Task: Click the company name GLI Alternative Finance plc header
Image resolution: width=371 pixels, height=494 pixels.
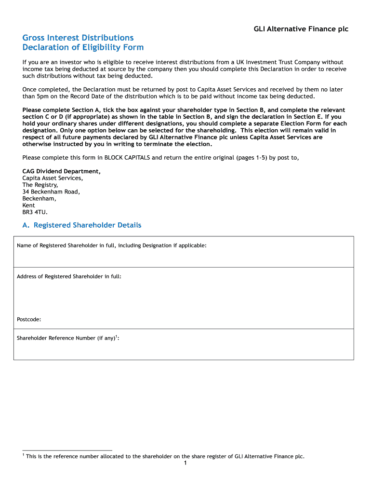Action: click(301, 29)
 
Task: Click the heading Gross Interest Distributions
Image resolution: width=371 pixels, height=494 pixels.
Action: click(78, 38)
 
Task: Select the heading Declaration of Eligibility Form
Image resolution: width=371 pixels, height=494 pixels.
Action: click(83, 47)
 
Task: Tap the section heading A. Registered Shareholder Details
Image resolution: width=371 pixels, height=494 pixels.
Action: click(82, 225)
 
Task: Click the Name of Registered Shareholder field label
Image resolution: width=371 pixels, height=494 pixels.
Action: click(111, 246)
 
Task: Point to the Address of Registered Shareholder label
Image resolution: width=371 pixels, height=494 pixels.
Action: click(69, 276)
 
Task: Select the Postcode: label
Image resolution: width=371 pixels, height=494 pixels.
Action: click(29, 319)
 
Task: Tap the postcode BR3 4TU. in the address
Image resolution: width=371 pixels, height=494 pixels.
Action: click(35, 212)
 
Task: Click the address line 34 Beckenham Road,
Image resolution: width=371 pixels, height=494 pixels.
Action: click(51, 192)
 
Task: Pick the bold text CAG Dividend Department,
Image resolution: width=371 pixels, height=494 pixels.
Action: click(62, 171)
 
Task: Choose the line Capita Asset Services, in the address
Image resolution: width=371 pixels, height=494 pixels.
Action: click(53, 178)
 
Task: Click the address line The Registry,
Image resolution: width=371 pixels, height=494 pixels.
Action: click(40, 185)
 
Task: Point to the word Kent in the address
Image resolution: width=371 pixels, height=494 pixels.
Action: click(28, 205)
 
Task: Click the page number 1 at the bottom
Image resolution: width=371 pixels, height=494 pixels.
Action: click(185, 464)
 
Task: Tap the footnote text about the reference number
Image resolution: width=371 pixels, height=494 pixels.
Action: click(165, 456)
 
